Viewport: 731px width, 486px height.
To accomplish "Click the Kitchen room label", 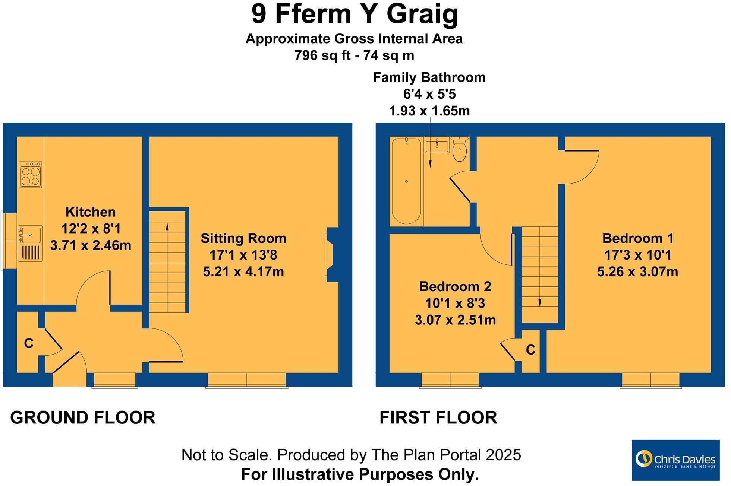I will pos(91,212).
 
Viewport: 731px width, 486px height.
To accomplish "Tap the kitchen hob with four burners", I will pos(30,174).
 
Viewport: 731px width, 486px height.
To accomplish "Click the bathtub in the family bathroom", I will pos(406,181).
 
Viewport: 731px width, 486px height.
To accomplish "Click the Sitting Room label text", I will pos(243,238).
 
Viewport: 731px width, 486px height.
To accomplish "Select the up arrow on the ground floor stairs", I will pos(167,226).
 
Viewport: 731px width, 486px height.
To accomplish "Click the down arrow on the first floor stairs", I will pos(539,302).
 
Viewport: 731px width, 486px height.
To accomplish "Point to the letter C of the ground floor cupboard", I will pos(29,343).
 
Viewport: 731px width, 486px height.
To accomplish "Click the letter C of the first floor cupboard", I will pos(530,350).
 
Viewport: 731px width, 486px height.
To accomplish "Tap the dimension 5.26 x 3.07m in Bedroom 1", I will pos(637,272).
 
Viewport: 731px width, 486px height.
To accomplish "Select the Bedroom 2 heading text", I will pos(455,286).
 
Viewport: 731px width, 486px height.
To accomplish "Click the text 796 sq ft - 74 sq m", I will pos(354,55).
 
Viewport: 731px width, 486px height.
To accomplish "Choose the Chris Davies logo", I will pos(675,460).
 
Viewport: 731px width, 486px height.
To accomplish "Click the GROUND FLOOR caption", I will pos(83,417).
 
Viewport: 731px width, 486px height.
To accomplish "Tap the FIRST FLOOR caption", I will pos(438,417).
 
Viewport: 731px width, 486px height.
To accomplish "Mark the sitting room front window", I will pos(246,380).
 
